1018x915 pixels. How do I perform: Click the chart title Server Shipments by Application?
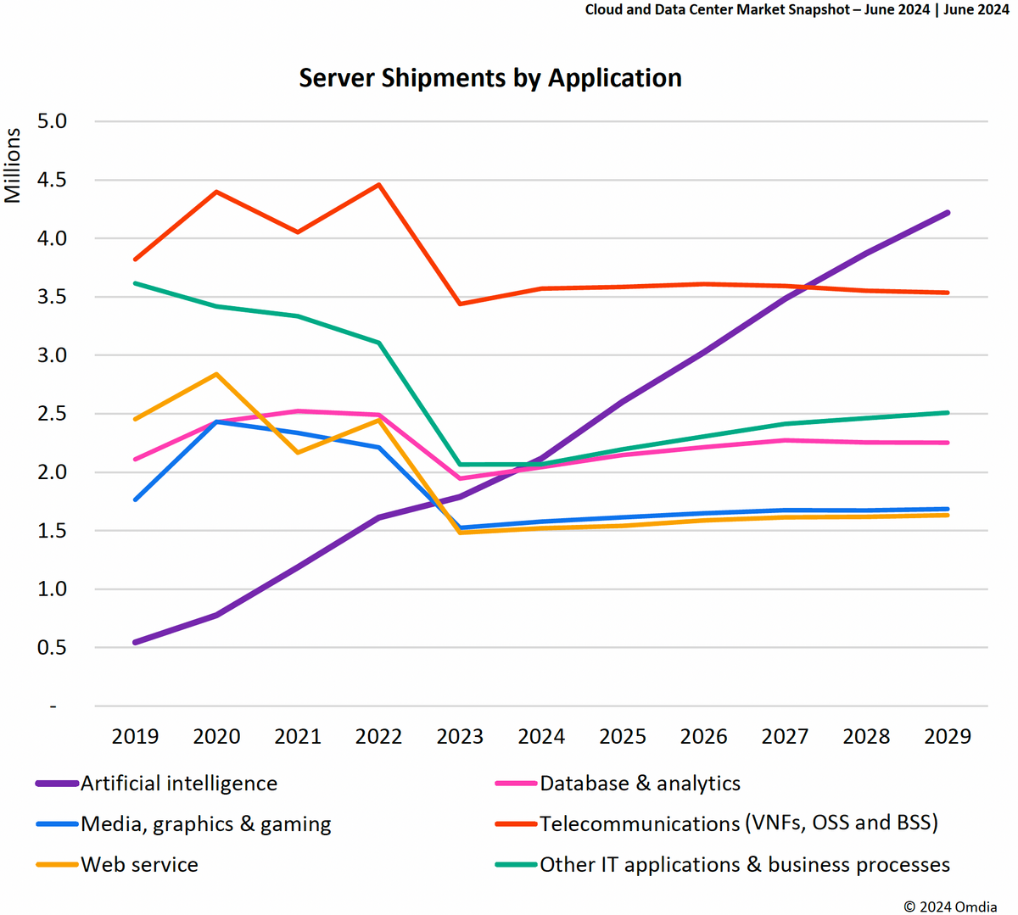click(490, 78)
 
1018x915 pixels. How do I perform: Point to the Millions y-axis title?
click(12, 165)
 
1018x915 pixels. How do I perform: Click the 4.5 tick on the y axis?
click(51, 180)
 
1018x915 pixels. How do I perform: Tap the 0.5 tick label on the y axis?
click(51, 647)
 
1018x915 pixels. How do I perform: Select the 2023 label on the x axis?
click(460, 736)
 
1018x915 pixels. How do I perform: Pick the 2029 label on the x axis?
click(947, 736)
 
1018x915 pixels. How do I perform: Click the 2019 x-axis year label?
click(135, 736)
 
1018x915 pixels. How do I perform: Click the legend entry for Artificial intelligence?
click(178, 784)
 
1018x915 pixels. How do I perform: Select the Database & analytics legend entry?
click(640, 784)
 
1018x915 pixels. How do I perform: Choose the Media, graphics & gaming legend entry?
click(205, 824)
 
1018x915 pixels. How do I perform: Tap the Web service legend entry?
click(139, 865)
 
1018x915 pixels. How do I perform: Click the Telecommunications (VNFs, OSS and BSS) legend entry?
click(738, 823)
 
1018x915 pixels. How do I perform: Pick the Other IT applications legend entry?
click(744, 865)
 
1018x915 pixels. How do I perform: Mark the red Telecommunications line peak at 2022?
click(379, 185)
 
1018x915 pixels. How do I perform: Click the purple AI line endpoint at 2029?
click(947, 213)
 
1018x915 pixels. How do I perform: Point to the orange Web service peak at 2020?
click(217, 374)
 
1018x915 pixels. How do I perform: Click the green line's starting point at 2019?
click(136, 283)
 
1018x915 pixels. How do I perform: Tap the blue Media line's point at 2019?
click(136, 499)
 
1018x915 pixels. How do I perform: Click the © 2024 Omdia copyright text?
click(950, 907)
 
